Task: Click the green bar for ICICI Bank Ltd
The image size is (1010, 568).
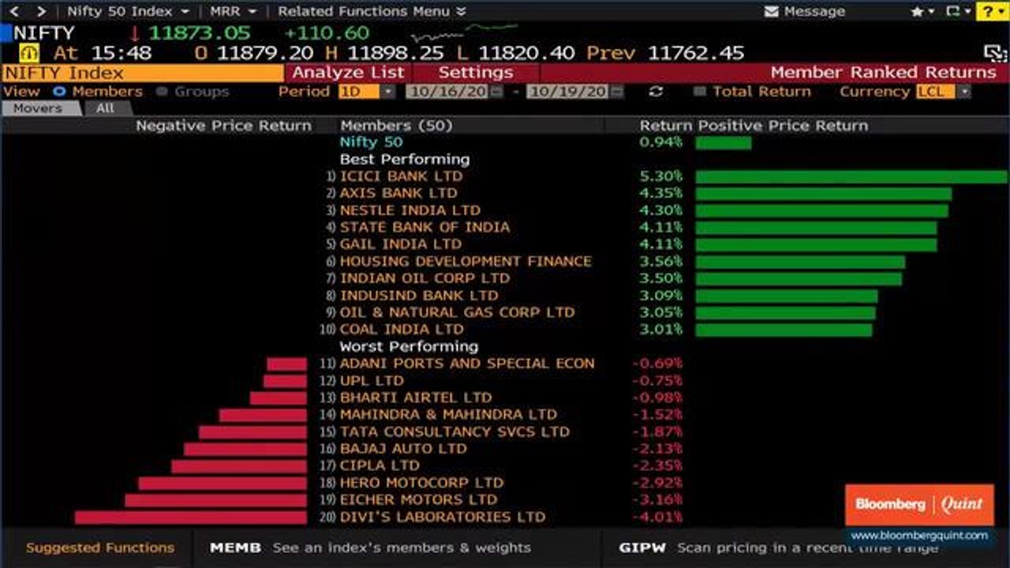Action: tap(851, 177)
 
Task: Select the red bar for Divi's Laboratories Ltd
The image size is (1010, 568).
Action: tap(190, 518)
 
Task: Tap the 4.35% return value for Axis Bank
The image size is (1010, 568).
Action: tap(660, 193)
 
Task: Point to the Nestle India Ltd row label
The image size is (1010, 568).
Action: tap(410, 211)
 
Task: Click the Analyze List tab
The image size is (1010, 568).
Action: tap(348, 73)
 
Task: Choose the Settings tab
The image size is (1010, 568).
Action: tap(475, 73)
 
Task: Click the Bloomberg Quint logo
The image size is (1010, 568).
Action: tap(919, 504)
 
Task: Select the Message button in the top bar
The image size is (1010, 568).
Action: tap(805, 12)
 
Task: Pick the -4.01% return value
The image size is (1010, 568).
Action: tap(656, 518)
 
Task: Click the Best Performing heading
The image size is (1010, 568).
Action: tap(404, 159)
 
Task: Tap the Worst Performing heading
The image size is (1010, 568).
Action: tap(409, 346)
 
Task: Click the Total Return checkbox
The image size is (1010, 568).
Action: tap(699, 92)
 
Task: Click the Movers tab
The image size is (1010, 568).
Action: tap(38, 108)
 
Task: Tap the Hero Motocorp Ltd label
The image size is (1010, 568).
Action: tap(421, 483)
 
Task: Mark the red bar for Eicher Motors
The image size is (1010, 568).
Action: tap(215, 500)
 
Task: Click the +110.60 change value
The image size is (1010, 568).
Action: tap(327, 33)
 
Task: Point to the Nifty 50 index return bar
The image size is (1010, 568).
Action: tap(723, 143)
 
